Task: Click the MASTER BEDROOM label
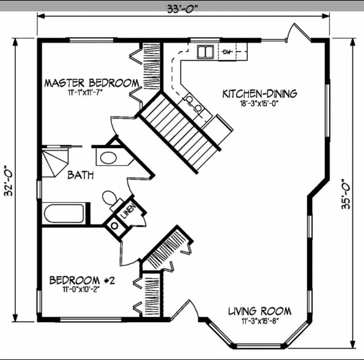tap(92, 83)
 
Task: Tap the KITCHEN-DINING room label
tap(260, 94)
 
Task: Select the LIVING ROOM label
tap(260, 311)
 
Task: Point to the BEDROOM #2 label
tap(82, 280)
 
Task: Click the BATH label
tap(80, 175)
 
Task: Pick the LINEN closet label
tap(129, 211)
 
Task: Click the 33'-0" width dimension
tap(183, 9)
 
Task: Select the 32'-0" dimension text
tap(9, 181)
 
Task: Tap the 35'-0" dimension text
tap(346, 194)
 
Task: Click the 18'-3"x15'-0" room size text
tap(259, 104)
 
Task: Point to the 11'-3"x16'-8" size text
tap(260, 321)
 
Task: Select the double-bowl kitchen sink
tap(205, 52)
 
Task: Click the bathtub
tap(64, 213)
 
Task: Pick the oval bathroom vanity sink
tap(108, 158)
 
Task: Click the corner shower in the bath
tap(55, 163)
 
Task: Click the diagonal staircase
tap(179, 133)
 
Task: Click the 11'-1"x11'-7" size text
tap(85, 93)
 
